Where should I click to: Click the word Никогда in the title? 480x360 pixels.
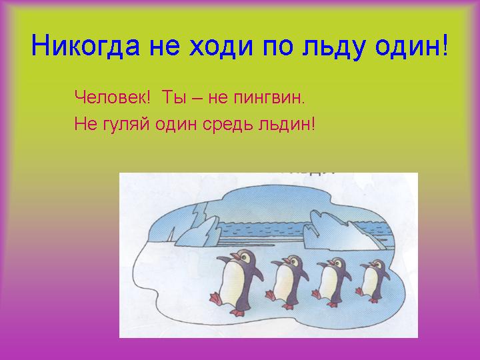pyautogui.click(x=85, y=45)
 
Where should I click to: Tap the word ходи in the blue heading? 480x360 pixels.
pyautogui.click(x=221, y=47)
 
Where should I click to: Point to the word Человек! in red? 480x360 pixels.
pyautogui.click(x=113, y=97)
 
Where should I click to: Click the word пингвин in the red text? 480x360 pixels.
pyautogui.click(x=269, y=99)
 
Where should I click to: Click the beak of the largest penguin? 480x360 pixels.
pyautogui.click(x=235, y=256)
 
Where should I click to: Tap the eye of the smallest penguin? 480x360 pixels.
pyautogui.click(x=379, y=264)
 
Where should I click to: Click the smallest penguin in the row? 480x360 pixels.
pyautogui.click(x=373, y=281)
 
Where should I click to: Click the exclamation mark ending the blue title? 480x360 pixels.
pyautogui.click(x=445, y=45)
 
